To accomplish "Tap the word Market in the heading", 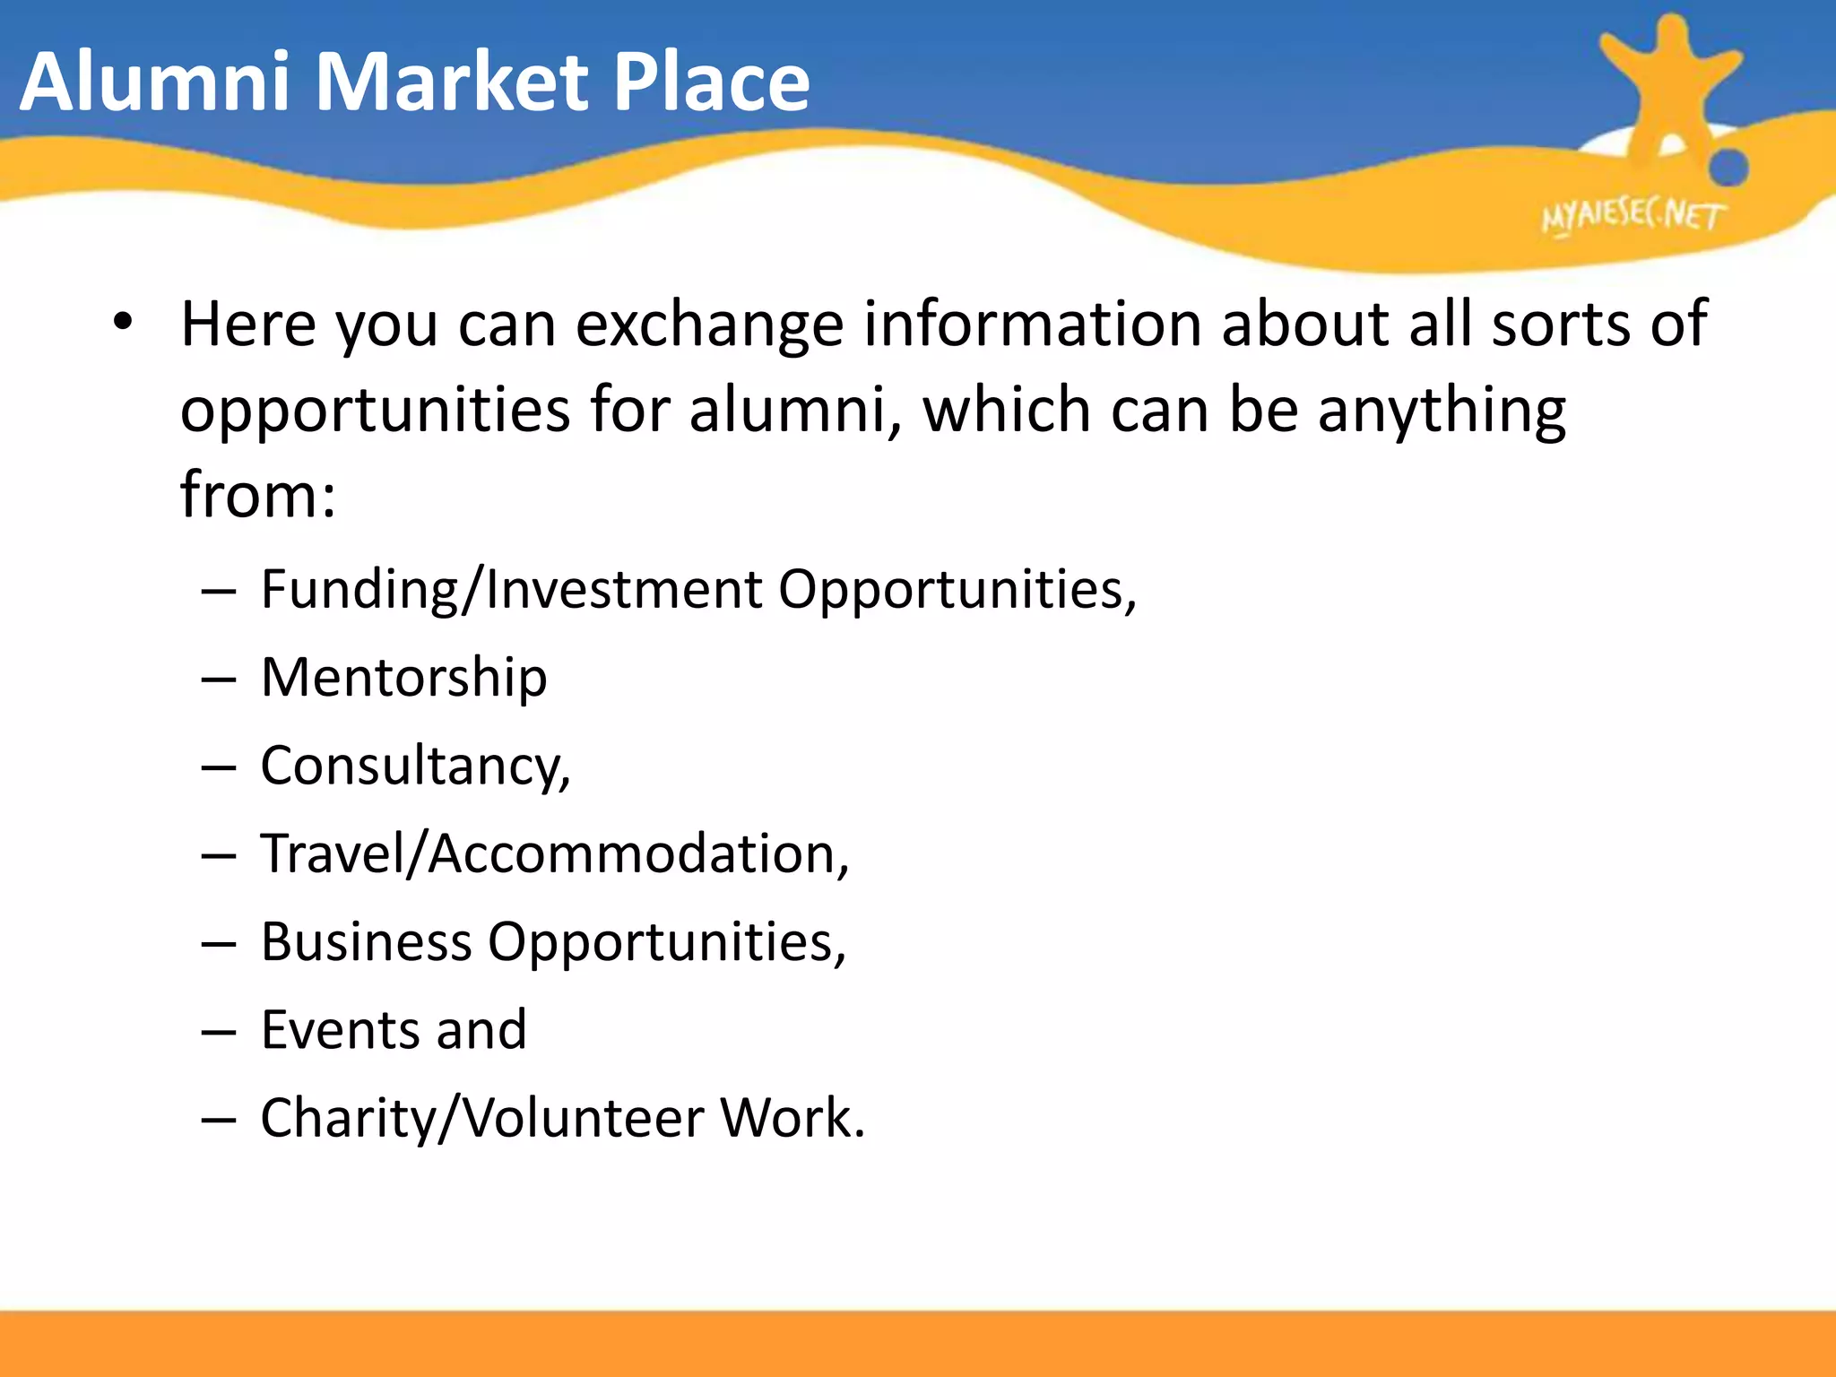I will pos(454,82).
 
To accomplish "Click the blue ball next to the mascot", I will pos(1728,168).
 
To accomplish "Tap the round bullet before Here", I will pos(124,322).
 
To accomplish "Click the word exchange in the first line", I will pos(709,324).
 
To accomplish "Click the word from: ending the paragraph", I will pos(258,495).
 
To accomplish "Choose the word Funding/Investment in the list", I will pos(512,590).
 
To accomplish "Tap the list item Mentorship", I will pos(403,677).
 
